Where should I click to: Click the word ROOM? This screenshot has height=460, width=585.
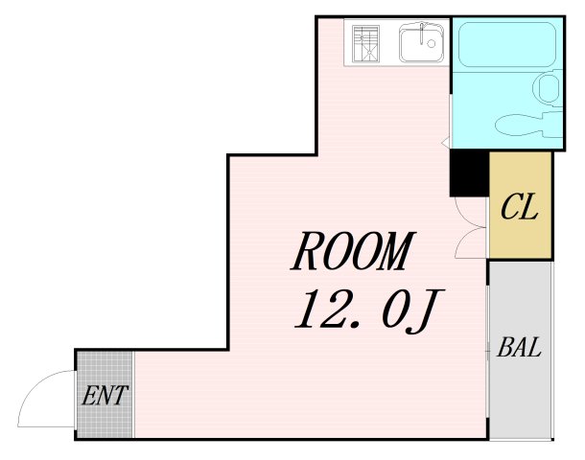tap(353, 251)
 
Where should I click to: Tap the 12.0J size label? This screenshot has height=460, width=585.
tap(368, 310)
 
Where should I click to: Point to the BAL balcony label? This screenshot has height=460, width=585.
tap(519, 347)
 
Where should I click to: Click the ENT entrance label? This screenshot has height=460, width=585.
tap(105, 395)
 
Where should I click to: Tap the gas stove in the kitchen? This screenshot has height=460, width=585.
tap(365, 43)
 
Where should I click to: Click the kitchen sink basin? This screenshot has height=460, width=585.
tap(422, 43)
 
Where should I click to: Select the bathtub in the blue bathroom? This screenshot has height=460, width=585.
tap(506, 44)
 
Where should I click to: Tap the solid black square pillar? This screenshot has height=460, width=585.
tap(469, 172)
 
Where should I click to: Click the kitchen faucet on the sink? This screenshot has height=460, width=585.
tap(422, 33)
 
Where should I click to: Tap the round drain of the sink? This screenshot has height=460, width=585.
tap(432, 44)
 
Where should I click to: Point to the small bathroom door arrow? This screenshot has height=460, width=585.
tap(445, 142)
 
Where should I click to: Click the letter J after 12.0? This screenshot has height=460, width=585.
tap(425, 311)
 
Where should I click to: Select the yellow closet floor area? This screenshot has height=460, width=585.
tap(521, 205)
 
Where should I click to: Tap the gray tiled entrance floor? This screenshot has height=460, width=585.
tap(105, 395)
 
